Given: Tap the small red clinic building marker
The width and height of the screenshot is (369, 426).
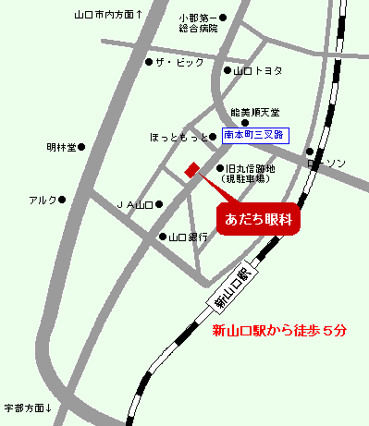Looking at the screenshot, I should (192, 169).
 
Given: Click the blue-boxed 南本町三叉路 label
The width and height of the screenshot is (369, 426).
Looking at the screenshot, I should (256, 135).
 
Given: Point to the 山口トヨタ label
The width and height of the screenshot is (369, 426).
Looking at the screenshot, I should (258, 70).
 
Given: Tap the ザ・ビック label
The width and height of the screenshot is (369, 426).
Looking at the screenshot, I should (177, 62).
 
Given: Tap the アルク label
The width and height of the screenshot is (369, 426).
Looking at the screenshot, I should (43, 200).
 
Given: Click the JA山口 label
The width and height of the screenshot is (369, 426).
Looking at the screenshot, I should (133, 204).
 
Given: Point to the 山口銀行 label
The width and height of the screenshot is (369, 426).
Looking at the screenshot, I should (188, 237).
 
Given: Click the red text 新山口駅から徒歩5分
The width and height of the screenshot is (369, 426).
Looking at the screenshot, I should (279, 332).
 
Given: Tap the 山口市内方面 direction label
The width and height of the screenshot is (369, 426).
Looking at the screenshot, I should (107, 16).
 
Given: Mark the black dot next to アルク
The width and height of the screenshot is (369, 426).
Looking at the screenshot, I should (64, 200).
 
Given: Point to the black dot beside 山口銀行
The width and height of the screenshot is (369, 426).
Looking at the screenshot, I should (162, 237).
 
